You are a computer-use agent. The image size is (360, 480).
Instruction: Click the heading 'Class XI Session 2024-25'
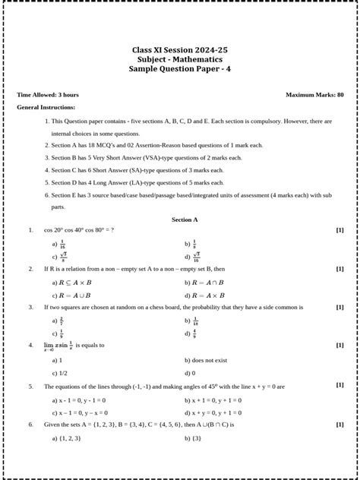point(179,50)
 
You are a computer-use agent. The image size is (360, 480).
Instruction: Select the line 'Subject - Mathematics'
point(179,59)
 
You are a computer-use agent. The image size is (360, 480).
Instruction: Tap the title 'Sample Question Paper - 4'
point(179,69)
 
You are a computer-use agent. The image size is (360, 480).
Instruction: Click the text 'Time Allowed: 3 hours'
point(48,95)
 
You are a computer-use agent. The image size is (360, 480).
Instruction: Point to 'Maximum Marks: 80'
point(314,95)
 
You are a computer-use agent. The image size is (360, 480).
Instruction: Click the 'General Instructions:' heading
point(46,108)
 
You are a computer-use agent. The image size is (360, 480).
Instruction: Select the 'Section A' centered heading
point(185,219)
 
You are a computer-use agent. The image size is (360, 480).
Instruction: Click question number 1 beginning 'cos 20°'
point(79,230)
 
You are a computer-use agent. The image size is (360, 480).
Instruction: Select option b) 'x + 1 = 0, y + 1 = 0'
point(213,399)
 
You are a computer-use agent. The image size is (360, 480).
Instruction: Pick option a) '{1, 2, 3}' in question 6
point(66,438)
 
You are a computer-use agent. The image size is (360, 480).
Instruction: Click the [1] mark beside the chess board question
point(339,308)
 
